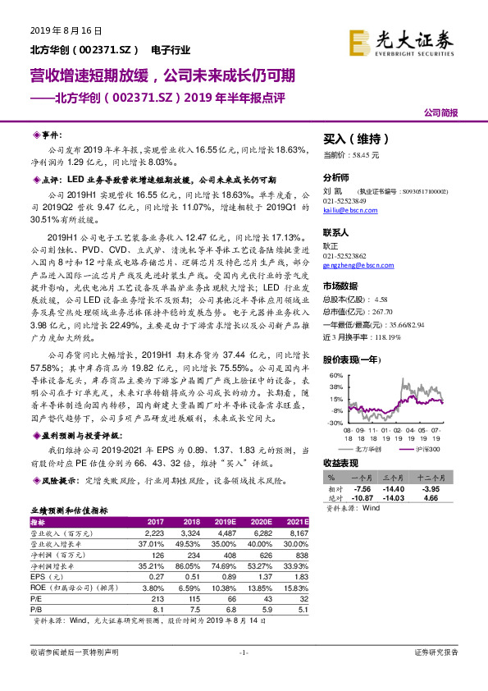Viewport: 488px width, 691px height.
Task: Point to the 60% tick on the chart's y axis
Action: pos(336,375)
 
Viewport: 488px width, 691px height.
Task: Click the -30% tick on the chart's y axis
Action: pos(336,423)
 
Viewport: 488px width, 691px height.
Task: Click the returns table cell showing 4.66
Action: pos(446,497)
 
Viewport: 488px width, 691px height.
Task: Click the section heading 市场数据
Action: pos(342,286)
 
